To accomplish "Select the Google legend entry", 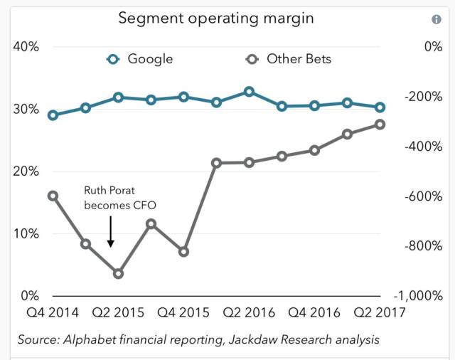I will tap(149, 58).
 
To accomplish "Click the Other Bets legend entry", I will tap(299, 58).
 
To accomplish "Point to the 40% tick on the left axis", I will tap(26, 47).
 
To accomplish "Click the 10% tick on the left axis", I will tap(26, 234).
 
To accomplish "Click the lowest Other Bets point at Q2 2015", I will tap(118, 273).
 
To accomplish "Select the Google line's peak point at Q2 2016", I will tap(250, 92).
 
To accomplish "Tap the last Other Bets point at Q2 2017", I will tap(380, 125).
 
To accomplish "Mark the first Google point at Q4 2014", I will tap(53, 115).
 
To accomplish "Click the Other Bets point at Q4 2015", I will tap(183, 252).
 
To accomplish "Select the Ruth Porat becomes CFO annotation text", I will tap(119, 198).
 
